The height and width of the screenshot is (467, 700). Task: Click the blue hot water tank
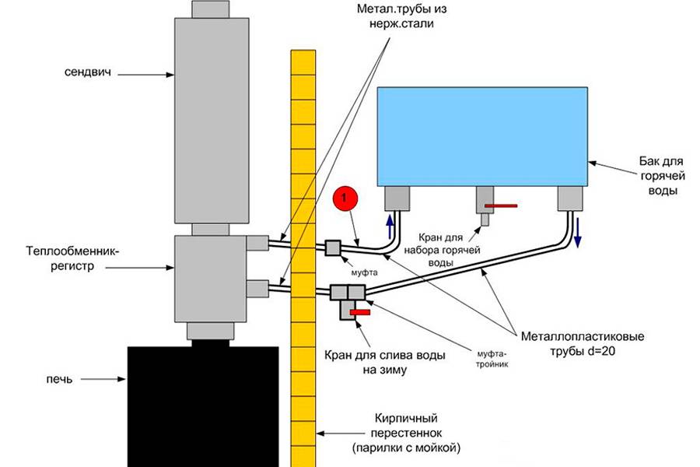coord(481,135)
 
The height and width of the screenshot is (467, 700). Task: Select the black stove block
coord(203,405)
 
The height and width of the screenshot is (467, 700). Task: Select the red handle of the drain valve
coord(360,312)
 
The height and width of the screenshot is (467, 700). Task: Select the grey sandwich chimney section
coord(212,121)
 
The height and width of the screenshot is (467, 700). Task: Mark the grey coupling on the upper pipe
coord(332,248)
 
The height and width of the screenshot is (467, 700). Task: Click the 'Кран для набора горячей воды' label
coord(440,248)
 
